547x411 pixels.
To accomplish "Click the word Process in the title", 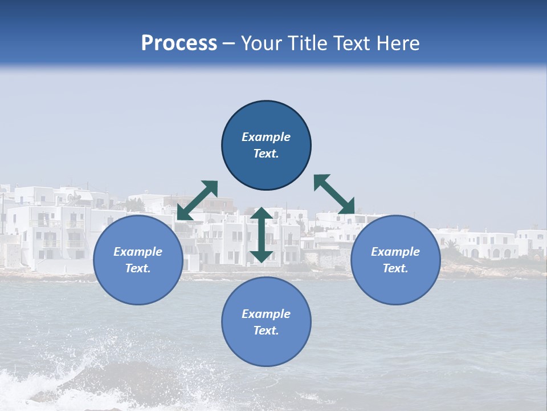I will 179,43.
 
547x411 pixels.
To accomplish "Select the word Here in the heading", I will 398,43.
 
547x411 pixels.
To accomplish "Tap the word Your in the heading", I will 261,43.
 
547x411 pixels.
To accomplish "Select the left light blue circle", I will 138,285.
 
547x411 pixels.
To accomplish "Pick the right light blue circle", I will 395,285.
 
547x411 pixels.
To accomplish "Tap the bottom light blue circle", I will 266,348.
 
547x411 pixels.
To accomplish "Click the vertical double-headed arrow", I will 262,235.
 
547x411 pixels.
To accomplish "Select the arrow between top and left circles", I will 197,200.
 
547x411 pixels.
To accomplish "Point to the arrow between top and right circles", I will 334,194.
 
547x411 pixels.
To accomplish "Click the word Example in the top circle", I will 266,137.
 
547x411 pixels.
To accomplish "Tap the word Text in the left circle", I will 138,268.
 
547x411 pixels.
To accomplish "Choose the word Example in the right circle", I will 395,252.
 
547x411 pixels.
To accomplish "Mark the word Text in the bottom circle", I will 266,331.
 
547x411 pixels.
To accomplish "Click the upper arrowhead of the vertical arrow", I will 262,213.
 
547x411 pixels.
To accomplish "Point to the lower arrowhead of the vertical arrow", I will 262,256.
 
